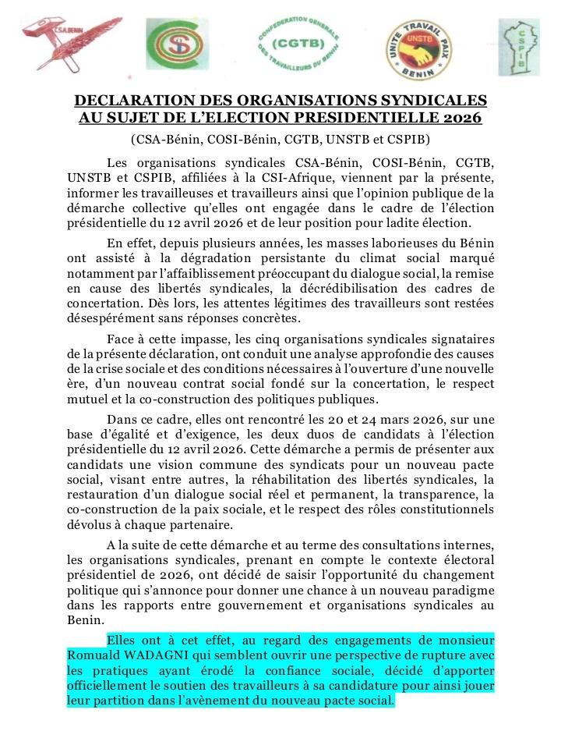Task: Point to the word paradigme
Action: point(463,591)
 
